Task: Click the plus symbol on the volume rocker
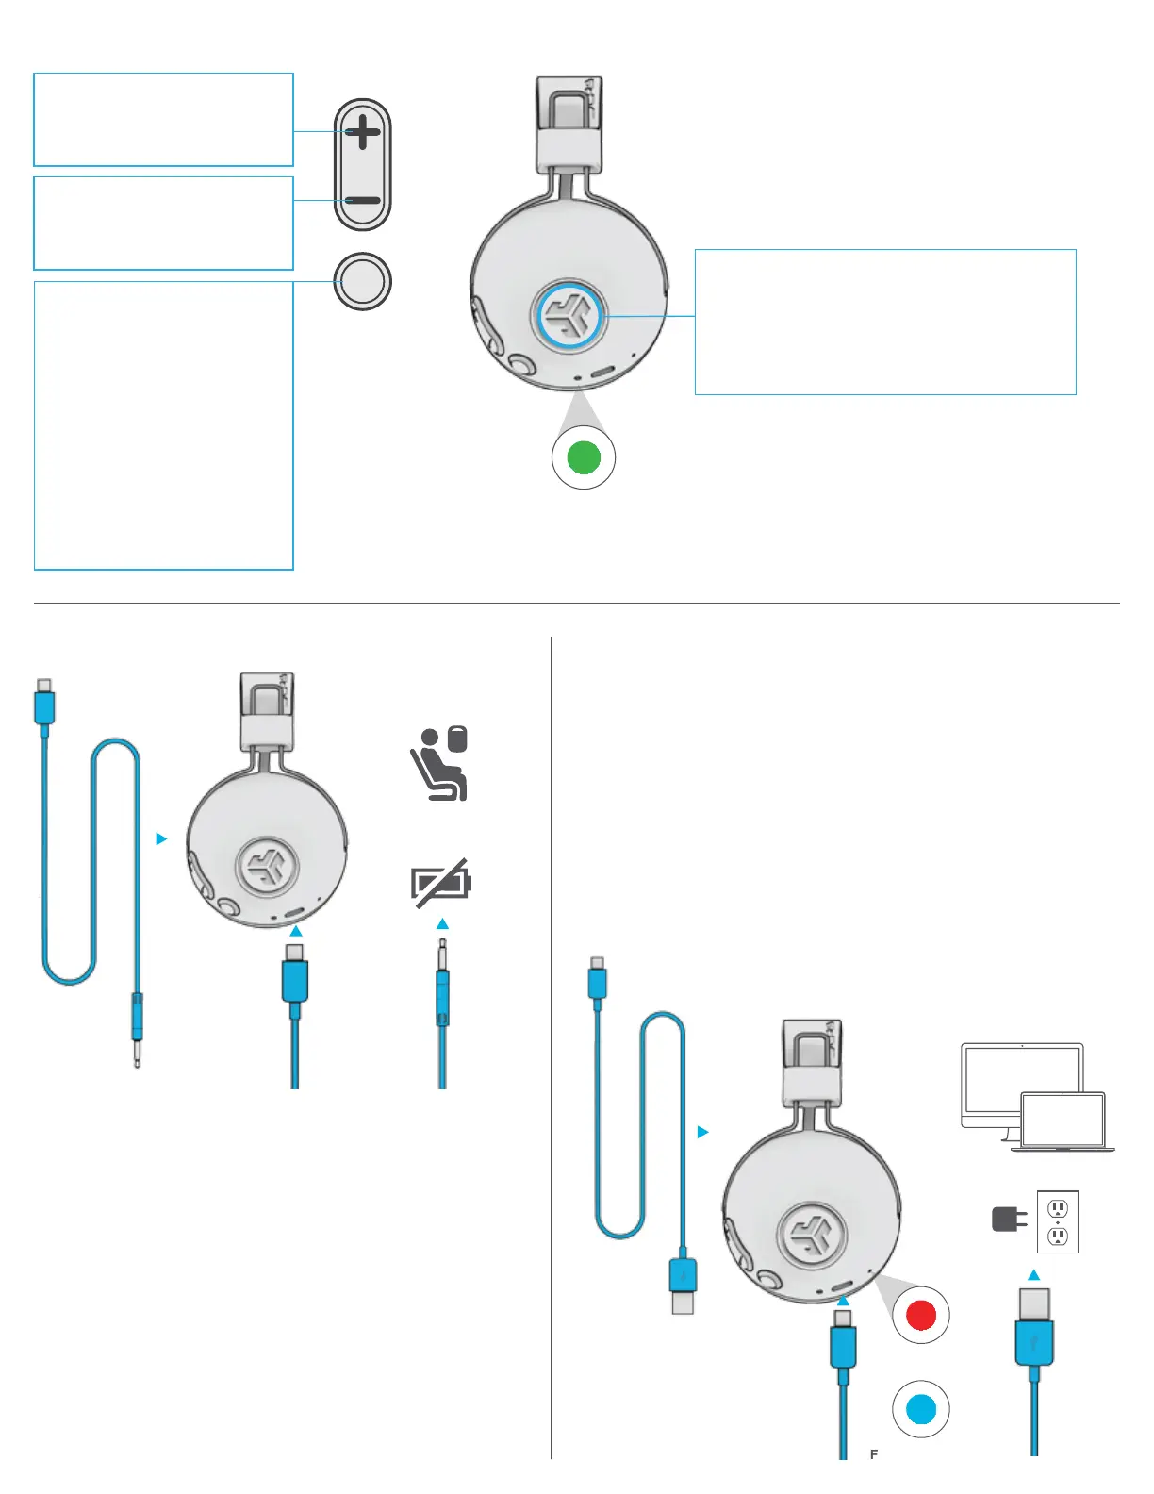(362, 132)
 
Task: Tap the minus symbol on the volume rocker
(362, 201)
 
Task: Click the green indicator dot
(584, 457)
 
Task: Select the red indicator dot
(920, 1315)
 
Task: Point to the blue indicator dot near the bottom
(920, 1409)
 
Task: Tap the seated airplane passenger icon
(439, 764)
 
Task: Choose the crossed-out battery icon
(441, 884)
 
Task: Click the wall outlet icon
(1058, 1221)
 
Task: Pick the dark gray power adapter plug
(1008, 1220)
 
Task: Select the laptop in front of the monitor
(1063, 1121)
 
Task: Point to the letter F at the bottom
(874, 1454)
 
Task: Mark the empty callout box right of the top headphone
(885, 322)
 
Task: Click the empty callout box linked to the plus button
(163, 119)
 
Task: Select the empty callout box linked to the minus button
(163, 223)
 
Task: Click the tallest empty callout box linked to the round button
(163, 425)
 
